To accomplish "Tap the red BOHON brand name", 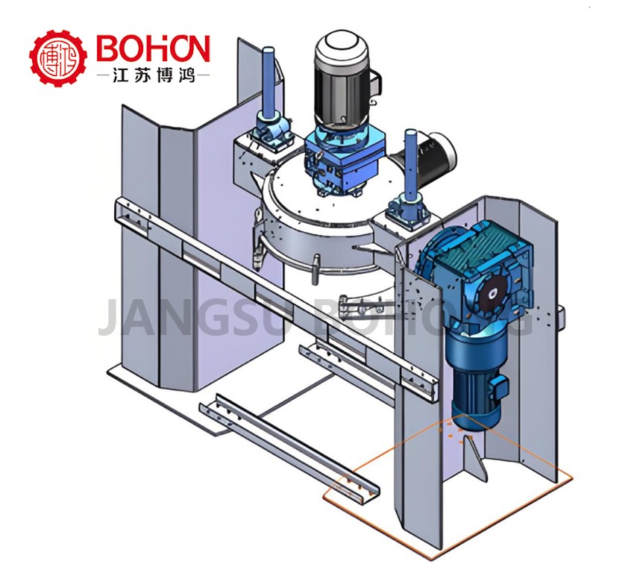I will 153,50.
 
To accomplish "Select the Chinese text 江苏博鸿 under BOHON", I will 154,75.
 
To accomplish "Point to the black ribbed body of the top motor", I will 339,93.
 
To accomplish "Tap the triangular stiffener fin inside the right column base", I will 475,456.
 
